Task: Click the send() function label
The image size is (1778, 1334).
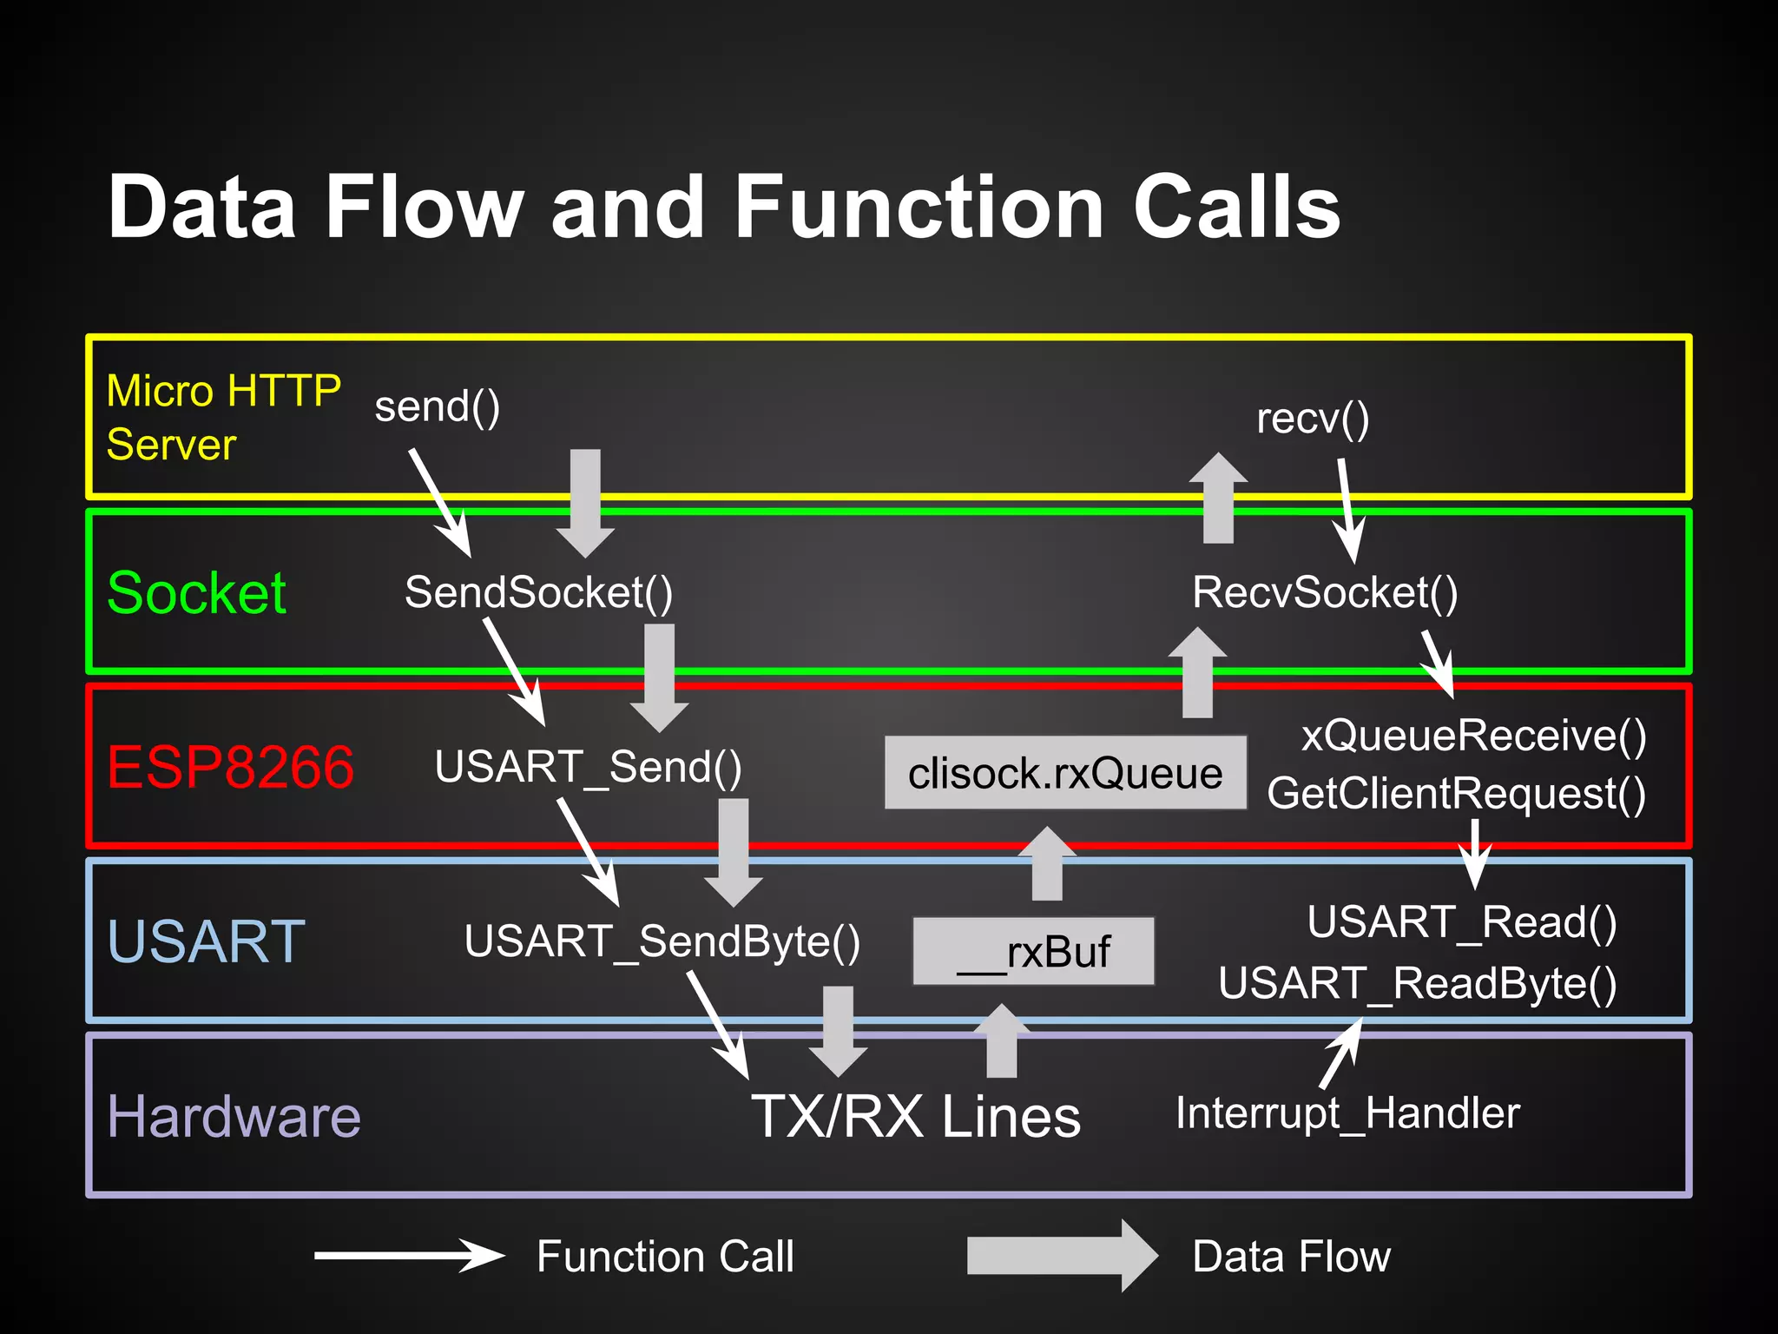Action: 437,406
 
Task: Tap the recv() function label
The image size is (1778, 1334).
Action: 1313,419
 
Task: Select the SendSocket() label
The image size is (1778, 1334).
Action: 538,592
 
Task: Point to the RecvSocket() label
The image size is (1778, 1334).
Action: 1325,592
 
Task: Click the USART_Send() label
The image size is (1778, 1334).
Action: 588,767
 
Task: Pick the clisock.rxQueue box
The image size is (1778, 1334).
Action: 1065,773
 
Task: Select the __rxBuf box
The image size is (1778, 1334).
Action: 1033,951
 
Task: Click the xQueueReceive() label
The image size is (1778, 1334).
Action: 1473,736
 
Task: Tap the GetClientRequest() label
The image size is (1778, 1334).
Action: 1456,794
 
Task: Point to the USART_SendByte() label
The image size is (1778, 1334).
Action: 662,941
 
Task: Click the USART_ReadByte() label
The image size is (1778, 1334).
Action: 1417,984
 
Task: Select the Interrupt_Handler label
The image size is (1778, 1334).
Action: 1347,1113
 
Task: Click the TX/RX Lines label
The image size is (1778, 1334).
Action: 916,1117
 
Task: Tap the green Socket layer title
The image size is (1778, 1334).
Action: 196,593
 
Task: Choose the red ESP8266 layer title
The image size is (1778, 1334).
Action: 230,767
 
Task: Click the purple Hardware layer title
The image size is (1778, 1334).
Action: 234,1117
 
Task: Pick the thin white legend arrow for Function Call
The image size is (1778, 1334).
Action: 409,1256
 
